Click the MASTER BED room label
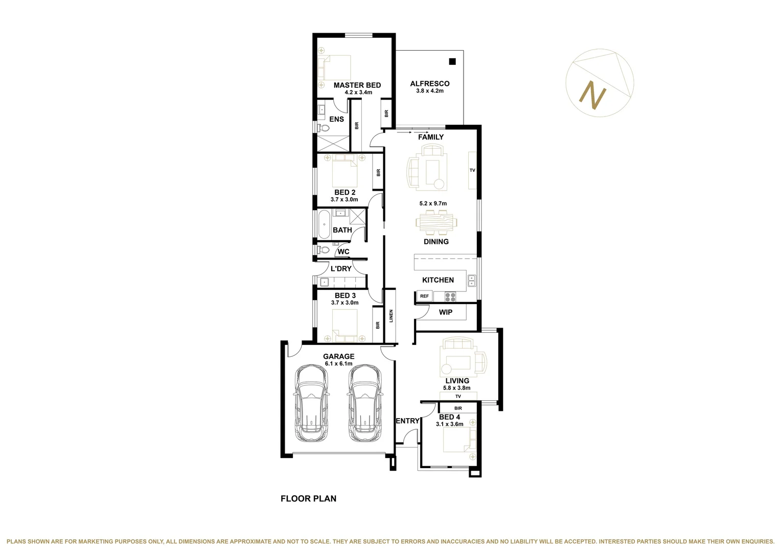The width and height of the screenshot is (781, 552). (357, 85)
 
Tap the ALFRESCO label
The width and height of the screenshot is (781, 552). (429, 84)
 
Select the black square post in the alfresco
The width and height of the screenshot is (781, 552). (452, 62)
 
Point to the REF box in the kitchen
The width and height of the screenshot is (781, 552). (424, 296)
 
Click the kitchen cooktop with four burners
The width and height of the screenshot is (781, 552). (450, 296)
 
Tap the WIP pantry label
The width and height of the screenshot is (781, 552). (445, 312)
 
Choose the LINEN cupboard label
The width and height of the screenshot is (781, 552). (391, 316)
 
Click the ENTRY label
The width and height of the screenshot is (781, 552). (407, 421)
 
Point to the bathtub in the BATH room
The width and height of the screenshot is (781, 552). (324, 225)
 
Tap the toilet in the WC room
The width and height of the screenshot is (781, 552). (324, 250)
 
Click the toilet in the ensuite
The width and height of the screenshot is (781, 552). (323, 128)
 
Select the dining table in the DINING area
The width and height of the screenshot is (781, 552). (436, 222)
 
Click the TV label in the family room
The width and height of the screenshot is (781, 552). (472, 170)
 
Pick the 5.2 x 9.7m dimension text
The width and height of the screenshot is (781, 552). (433, 203)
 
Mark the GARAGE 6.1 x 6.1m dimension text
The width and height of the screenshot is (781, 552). (338, 364)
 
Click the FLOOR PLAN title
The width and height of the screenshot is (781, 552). (308, 499)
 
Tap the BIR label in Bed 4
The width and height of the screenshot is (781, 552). (458, 408)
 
